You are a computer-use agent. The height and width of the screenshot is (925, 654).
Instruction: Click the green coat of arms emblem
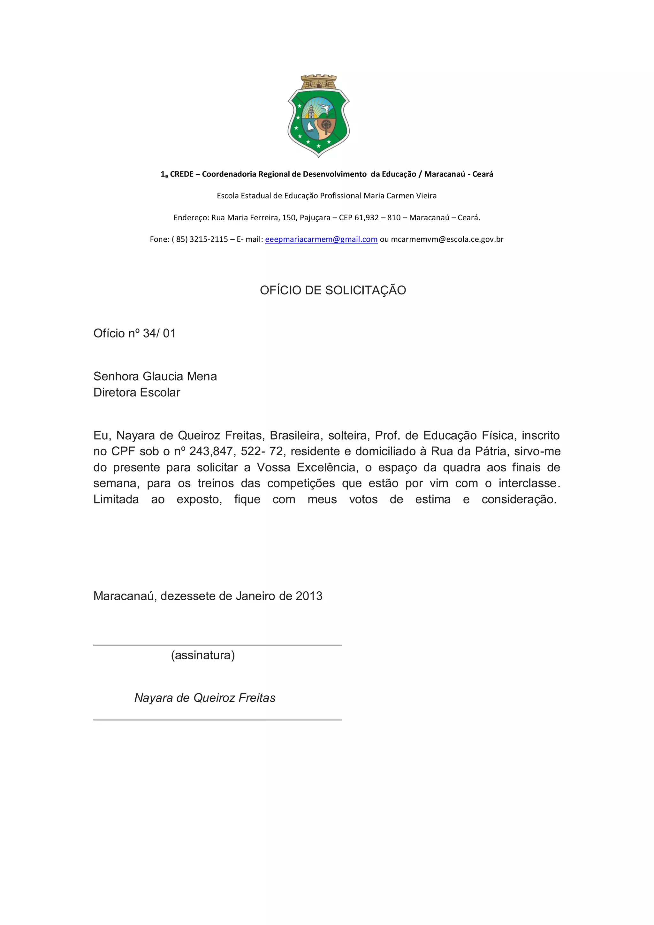coord(318,116)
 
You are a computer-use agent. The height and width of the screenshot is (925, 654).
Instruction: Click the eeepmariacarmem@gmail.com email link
coord(321,239)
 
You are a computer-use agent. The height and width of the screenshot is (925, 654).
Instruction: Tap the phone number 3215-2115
coord(209,239)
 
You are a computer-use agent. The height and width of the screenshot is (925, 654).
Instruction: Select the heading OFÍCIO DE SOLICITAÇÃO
coord(332,290)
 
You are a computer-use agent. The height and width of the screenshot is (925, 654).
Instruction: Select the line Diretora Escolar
coord(137,392)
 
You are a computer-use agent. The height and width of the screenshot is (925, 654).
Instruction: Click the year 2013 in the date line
coord(309,596)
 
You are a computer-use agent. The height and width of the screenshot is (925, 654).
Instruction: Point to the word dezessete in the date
coord(188,596)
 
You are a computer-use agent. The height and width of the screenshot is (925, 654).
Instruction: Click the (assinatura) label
coord(203,655)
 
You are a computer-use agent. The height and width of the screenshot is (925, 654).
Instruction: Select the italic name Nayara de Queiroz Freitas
coord(205,698)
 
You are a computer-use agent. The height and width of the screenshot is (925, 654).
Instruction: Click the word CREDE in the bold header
coord(181,174)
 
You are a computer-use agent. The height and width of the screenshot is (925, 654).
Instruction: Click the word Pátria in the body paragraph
coord(492,451)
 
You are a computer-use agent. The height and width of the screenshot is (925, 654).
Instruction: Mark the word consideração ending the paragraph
coord(519,500)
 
